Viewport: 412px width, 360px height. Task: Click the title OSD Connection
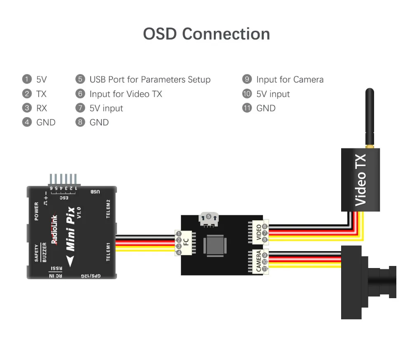pos(206,34)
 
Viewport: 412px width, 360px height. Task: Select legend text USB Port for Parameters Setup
pos(150,80)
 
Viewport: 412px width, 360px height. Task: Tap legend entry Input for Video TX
pos(126,94)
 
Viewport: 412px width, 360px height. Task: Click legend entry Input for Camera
pos(290,80)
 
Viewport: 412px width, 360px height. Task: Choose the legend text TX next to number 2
pos(42,94)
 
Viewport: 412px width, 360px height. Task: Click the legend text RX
pos(42,108)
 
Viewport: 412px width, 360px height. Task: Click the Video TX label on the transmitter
pos(360,180)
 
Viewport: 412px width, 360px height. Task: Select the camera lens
pos(387,282)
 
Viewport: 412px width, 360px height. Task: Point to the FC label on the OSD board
pos(186,243)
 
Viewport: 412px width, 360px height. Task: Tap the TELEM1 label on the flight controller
pos(108,251)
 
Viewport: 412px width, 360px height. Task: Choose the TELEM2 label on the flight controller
pos(108,209)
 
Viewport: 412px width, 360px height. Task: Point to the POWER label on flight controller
pos(37,211)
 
